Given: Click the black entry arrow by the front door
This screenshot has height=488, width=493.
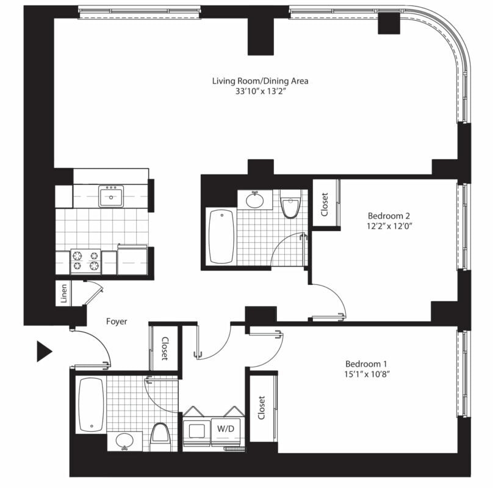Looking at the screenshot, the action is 43,351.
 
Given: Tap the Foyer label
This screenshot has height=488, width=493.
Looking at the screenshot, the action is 117,321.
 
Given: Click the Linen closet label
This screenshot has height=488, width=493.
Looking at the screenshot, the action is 64,293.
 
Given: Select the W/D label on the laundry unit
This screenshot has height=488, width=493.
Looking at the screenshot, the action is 226,428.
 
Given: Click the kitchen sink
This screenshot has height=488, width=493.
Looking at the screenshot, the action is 111,196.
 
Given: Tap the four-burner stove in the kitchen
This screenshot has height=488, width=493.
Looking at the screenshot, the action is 86,261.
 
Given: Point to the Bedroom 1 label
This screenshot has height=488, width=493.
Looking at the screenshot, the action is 366,364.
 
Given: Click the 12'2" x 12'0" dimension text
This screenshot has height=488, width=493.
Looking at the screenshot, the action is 389,226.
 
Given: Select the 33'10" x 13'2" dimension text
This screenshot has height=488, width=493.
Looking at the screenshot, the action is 260,91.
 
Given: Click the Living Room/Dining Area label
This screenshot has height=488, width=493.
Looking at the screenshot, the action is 260,81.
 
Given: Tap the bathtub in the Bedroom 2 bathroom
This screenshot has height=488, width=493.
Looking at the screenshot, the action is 221,237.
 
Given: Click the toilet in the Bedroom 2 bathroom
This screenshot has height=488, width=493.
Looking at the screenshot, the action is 290,204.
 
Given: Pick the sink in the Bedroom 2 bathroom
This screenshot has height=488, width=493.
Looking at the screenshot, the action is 254,200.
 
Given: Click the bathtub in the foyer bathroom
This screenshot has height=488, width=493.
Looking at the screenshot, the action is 91,404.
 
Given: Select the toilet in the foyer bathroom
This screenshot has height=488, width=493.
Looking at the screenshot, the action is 160,437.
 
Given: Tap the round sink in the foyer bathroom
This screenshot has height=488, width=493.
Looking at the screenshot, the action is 124,441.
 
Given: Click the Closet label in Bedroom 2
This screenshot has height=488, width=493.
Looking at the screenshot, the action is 325,204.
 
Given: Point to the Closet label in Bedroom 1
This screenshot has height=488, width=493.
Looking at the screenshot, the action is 261,407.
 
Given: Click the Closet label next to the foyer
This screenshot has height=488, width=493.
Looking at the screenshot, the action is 165,349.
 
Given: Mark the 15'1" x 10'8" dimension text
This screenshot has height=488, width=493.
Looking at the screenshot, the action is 367,374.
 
